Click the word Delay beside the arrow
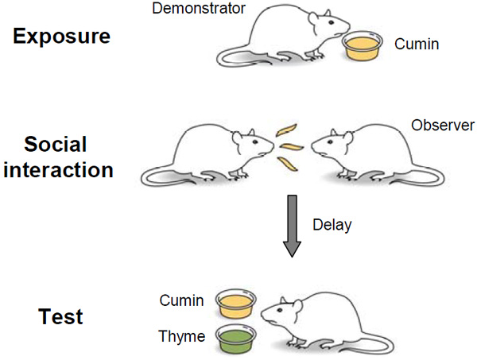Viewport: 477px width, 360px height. click(332, 225)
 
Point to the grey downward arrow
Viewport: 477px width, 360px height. click(293, 230)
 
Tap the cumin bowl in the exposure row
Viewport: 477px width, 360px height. click(363, 48)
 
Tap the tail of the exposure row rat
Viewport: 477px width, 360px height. click(231, 56)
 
